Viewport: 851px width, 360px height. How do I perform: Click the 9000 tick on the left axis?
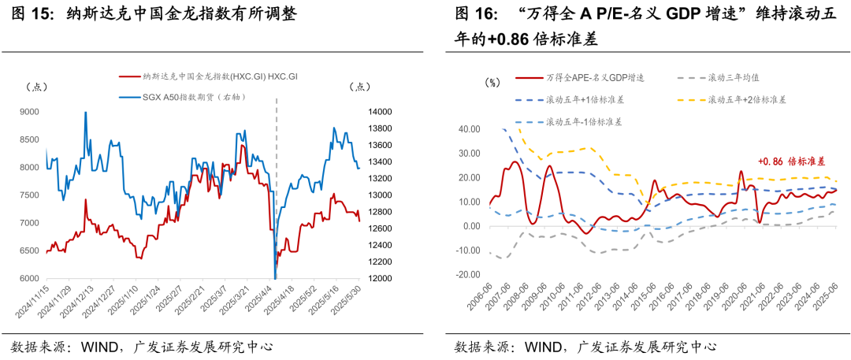coord(29,112)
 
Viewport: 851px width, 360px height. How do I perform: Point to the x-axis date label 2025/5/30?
coord(352,304)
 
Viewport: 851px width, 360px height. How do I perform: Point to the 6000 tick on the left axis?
coord(29,279)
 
